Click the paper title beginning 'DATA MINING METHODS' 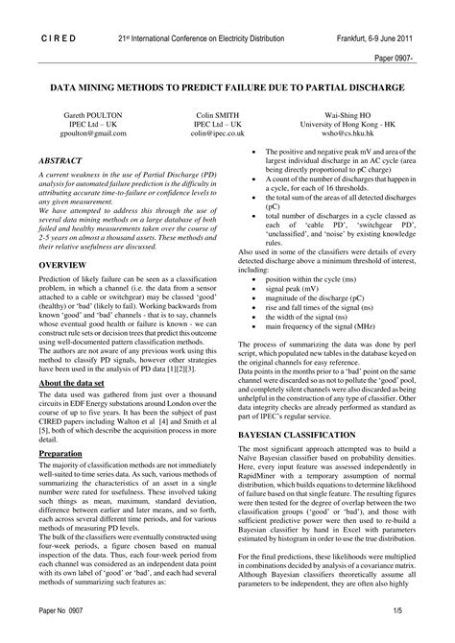click(227, 86)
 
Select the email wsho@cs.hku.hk click(351, 133)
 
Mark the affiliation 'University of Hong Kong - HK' click(351, 124)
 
